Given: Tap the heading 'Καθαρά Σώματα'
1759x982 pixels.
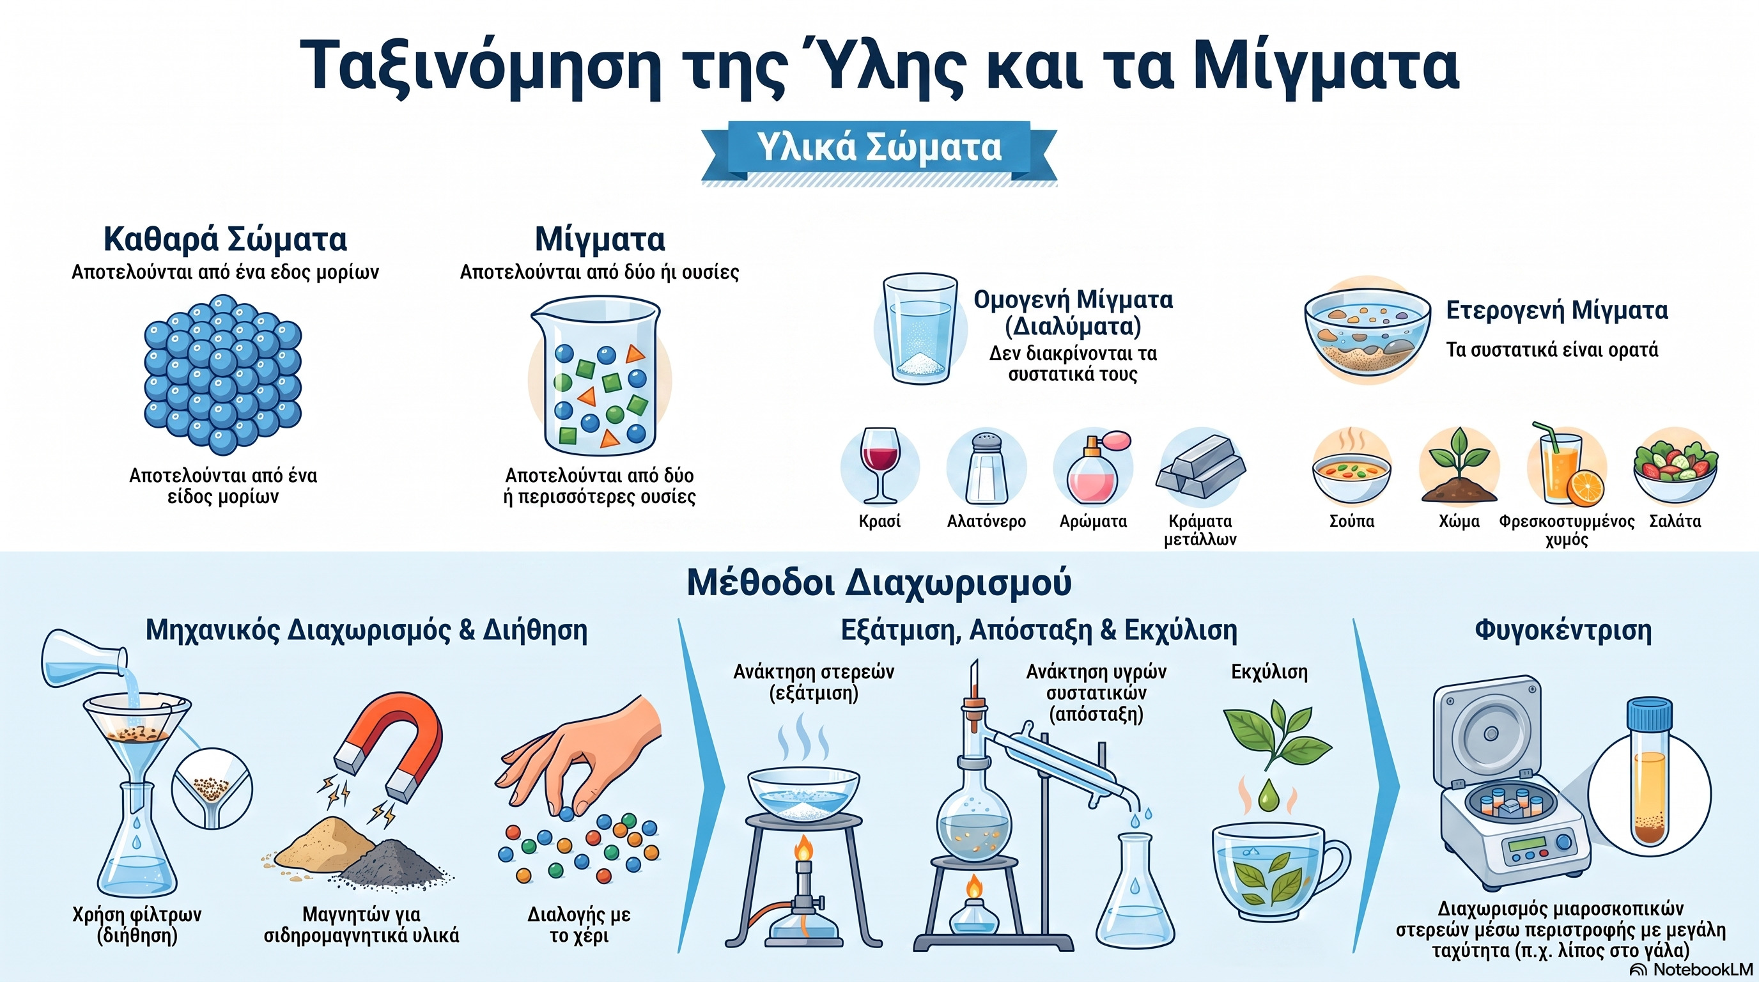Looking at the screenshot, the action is pyautogui.click(x=226, y=239).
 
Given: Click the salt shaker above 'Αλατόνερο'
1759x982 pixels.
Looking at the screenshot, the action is pyautogui.click(x=987, y=467).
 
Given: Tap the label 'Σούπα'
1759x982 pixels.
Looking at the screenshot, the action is pyautogui.click(x=1352, y=521).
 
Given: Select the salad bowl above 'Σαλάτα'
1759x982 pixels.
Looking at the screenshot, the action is pyautogui.click(x=1675, y=471).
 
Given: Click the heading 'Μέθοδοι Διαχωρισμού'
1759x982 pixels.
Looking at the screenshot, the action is pyautogui.click(x=879, y=582).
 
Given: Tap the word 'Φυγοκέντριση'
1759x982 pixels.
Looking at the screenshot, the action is pyautogui.click(x=1563, y=630).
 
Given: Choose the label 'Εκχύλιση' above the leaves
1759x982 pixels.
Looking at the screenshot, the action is pyautogui.click(x=1269, y=672).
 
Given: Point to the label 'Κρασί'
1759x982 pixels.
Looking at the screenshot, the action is pyautogui.click(x=879, y=521).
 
